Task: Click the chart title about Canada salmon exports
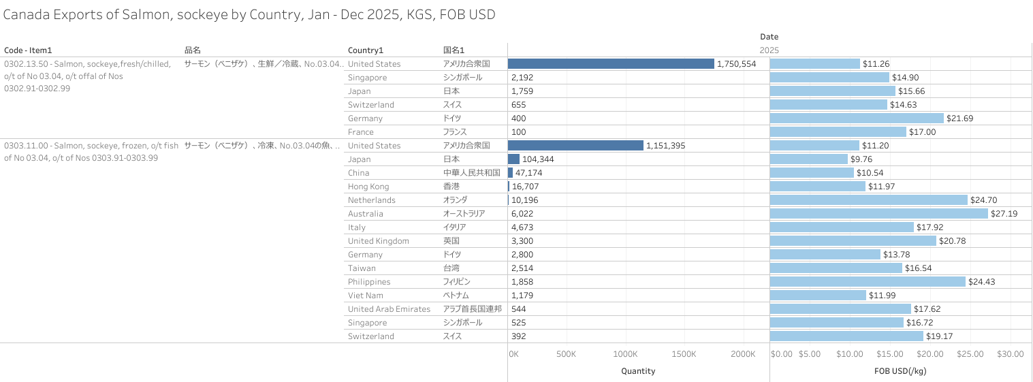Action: pyautogui.click(x=249, y=14)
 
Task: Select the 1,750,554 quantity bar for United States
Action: pyautogui.click(x=611, y=63)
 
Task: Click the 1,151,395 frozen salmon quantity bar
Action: pyautogui.click(x=575, y=145)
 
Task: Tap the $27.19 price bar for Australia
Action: pyautogui.click(x=878, y=213)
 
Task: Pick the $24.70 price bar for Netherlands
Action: pyautogui.click(x=868, y=200)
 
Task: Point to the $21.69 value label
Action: pyautogui.click(x=960, y=118)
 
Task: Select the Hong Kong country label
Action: pyautogui.click(x=368, y=187)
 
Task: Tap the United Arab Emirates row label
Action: pyautogui.click(x=389, y=309)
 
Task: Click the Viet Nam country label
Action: pyautogui.click(x=366, y=296)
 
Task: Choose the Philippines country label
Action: pyautogui.click(x=369, y=282)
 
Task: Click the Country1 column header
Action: pyautogui.click(x=366, y=50)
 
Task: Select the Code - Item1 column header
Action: pyautogui.click(x=28, y=50)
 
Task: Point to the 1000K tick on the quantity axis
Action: pyautogui.click(x=625, y=354)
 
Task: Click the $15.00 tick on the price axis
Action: pyautogui.click(x=889, y=354)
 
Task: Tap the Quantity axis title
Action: pyautogui.click(x=638, y=371)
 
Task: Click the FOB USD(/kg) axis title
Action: pyautogui.click(x=900, y=371)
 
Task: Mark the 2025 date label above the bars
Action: pyautogui.click(x=769, y=50)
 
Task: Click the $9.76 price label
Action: pyautogui.click(x=862, y=159)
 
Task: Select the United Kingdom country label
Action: pyautogui.click(x=379, y=241)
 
